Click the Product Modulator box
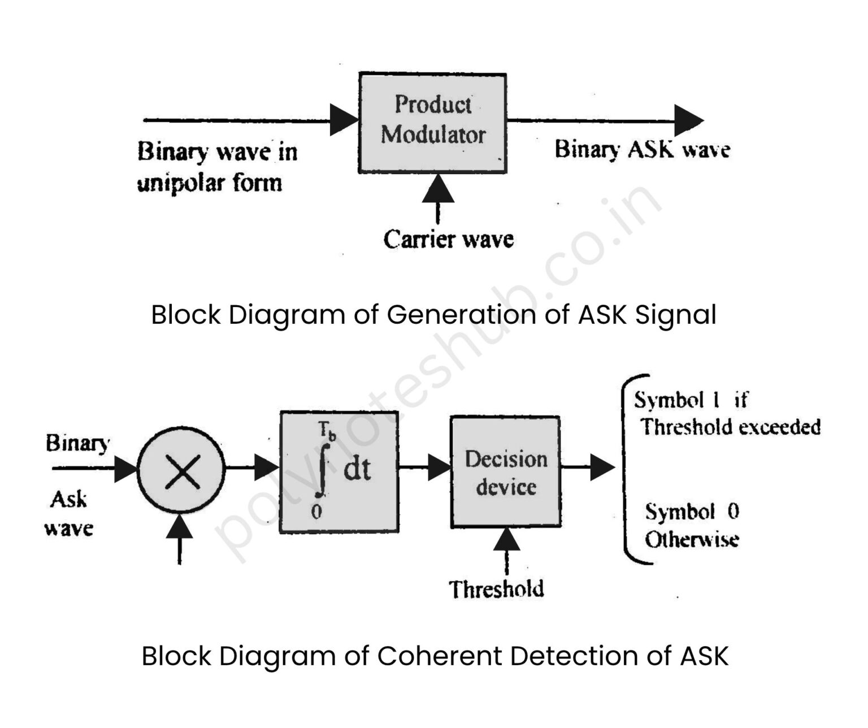click(x=432, y=122)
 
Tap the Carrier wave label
click(x=448, y=240)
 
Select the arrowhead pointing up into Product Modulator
click(x=438, y=189)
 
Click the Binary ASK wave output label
click(x=642, y=150)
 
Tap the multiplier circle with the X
click(x=181, y=470)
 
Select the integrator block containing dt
click(x=339, y=472)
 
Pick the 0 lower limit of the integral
click(x=316, y=512)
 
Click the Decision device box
click(x=506, y=472)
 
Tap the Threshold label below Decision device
click(x=497, y=590)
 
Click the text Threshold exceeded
click(x=731, y=427)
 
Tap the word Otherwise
click(x=692, y=540)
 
